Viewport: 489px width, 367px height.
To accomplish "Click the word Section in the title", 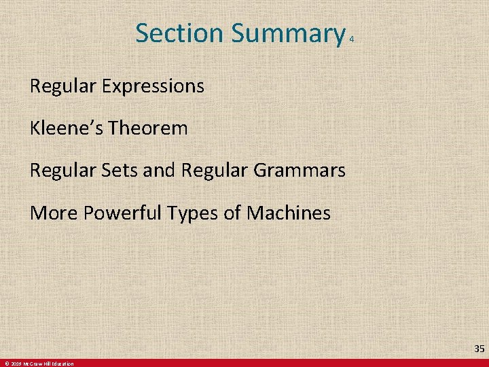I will point(179,33).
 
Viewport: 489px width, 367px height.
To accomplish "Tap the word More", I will point(54,213).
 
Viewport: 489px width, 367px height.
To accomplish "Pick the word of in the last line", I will point(232,213).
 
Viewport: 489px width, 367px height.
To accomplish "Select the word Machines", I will point(289,213).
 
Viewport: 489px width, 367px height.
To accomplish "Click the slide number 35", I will point(479,349).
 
